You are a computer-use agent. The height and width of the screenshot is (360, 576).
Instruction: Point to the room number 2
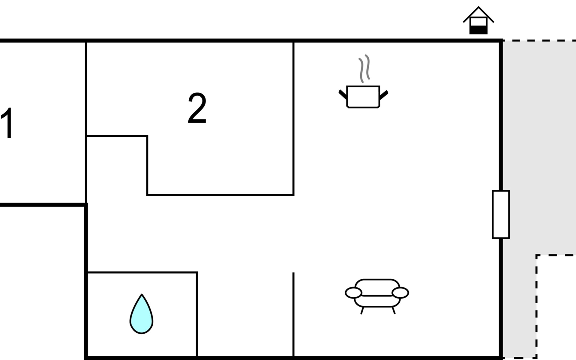pos(197,108)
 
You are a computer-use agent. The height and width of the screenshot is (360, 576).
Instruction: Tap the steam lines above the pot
pos(364,68)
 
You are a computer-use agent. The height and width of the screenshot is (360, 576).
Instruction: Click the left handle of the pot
pos(343,94)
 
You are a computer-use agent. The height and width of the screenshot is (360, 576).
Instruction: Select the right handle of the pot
pos(384,95)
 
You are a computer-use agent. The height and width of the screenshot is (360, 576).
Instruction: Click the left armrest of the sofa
pos(353,293)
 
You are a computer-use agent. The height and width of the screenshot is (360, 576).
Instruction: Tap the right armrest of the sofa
pos(400,293)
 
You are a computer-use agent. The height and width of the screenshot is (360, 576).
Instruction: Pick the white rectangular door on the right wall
pos(501,214)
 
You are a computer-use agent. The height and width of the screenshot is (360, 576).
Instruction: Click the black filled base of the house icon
pos(478,30)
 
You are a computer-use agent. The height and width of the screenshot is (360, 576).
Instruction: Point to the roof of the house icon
pos(478,14)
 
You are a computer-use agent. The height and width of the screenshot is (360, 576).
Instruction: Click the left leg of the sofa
pos(362,310)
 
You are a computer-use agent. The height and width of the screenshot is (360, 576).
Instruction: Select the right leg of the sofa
pos(394,310)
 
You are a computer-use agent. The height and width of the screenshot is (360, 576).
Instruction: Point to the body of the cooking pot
pos(363,97)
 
